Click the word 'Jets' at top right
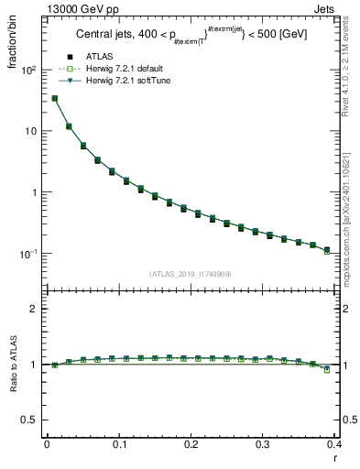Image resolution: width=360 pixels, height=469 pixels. tap(323, 8)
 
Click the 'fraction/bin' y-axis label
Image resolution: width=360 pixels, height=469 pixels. tap(12, 38)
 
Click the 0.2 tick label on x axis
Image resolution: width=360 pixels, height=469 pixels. tap(191, 445)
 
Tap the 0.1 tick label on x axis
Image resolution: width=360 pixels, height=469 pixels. tap(119, 445)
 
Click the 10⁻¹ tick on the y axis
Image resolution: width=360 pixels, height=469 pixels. tap(29, 254)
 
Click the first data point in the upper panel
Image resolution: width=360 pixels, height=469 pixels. tap(54, 98)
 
